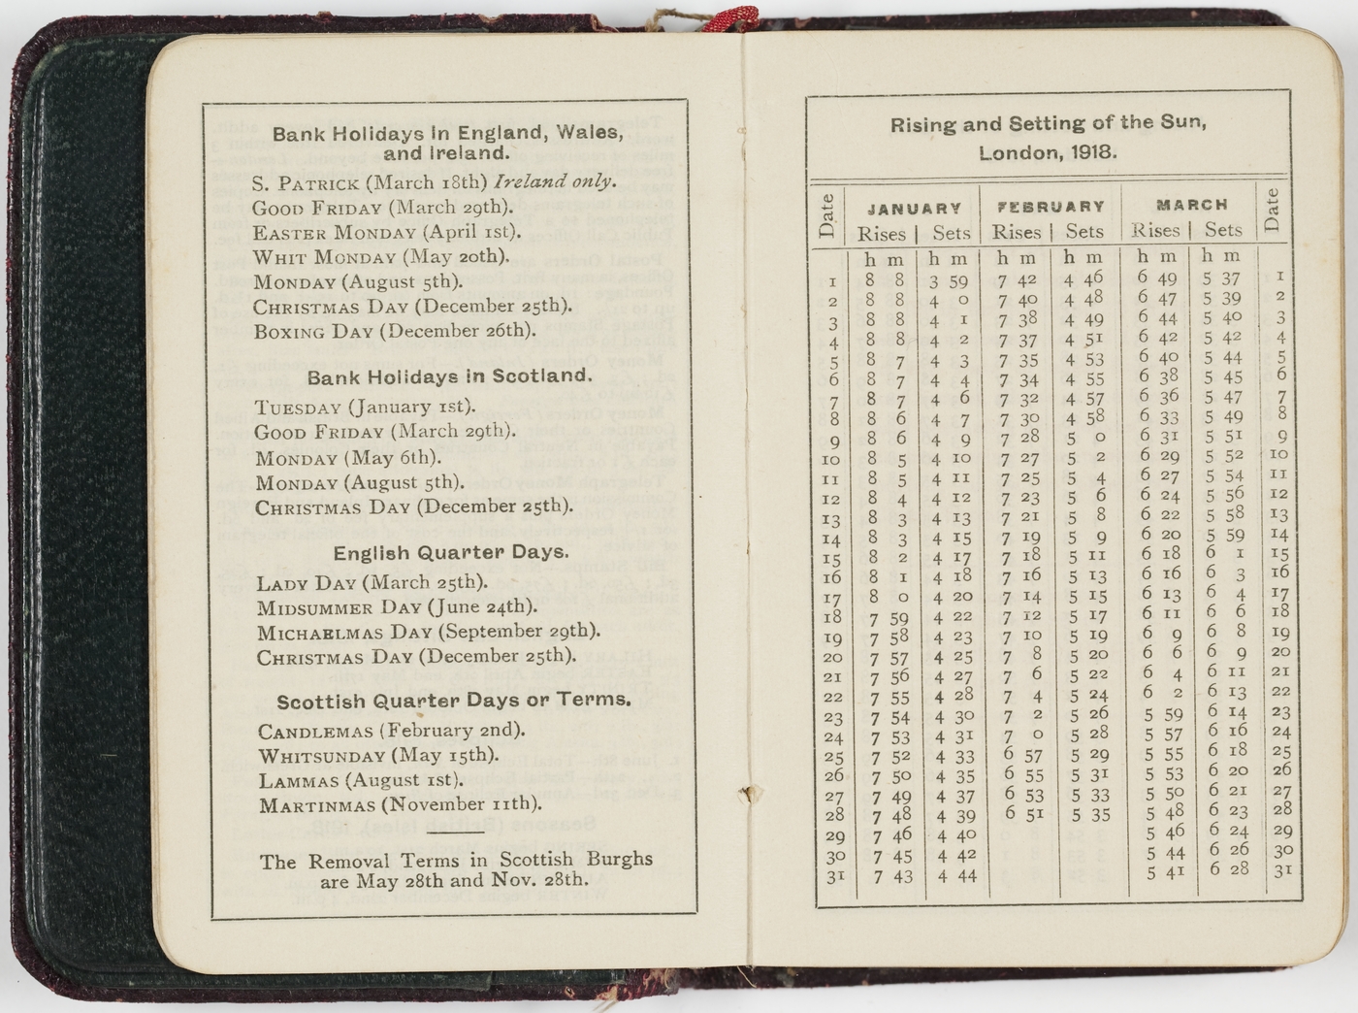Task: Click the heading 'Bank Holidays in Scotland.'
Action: [448, 376]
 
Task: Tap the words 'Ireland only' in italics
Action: [554, 181]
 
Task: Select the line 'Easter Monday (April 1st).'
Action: [387, 232]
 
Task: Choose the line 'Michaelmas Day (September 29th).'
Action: [428, 632]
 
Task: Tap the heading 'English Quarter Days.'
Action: [451, 552]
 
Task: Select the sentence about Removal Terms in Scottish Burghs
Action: [455, 870]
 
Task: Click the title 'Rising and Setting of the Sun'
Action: [1048, 123]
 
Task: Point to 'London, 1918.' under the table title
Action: [1048, 152]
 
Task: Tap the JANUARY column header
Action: [914, 208]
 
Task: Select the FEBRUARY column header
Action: [1051, 207]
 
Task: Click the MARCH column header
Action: [1192, 205]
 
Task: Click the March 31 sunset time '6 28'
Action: [1229, 868]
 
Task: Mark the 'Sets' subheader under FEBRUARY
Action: [1083, 232]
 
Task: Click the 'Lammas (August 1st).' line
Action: [357, 780]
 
